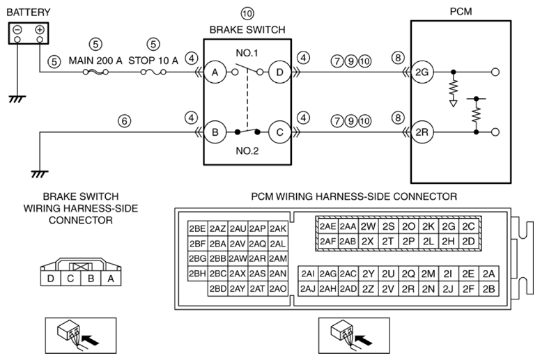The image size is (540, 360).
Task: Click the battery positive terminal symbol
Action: pos(40,30)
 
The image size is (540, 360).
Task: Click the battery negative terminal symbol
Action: pos(17,30)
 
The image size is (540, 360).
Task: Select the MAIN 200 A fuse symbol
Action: pos(96,72)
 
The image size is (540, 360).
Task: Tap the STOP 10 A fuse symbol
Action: pos(153,72)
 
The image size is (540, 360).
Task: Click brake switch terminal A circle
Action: pos(215,72)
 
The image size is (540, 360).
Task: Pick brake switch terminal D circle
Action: pos(279,72)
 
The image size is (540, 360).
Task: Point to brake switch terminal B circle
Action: pos(215,132)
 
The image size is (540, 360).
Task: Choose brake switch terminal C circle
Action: pos(279,132)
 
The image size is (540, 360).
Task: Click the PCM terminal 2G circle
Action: pos(422,72)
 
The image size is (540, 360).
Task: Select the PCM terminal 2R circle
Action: pos(422,132)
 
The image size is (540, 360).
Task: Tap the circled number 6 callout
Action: pos(124,120)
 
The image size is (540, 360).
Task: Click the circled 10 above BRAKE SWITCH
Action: pos(247,14)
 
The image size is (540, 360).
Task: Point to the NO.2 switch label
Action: pos(247,150)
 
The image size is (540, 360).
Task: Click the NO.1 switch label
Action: pos(247,53)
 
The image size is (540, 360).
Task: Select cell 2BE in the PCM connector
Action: pos(198,228)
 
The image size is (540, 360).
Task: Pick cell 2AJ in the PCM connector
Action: pos(308,288)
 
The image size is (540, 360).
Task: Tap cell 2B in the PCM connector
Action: pos(488,288)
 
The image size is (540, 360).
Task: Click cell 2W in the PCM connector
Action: pos(368,226)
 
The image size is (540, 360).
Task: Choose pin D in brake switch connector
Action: pos(51,278)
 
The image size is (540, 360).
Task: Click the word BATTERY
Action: pos(29,13)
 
